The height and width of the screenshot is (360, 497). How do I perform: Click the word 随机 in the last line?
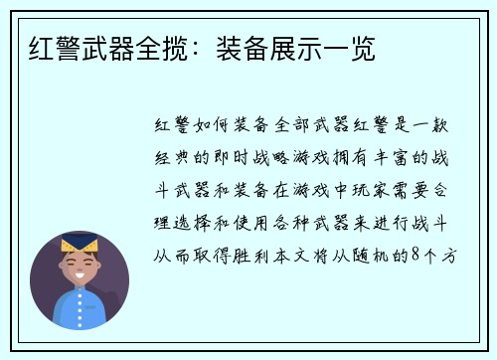click(x=380, y=256)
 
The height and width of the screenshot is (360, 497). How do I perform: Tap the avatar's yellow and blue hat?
click(x=79, y=244)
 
